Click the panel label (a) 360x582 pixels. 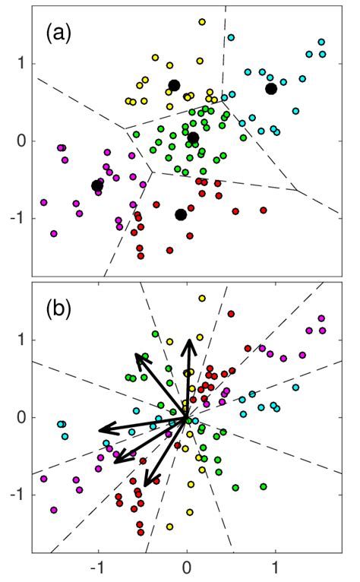(x=59, y=33)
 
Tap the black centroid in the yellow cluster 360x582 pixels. (x=174, y=85)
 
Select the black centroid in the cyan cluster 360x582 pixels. (x=271, y=89)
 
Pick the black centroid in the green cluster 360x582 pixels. (x=193, y=138)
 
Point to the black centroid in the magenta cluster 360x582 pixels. (x=97, y=185)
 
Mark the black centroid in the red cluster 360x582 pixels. (x=181, y=214)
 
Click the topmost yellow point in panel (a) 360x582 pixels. (x=202, y=22)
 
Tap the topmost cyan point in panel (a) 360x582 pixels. (x=231, y=37)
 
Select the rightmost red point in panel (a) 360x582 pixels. (x=264, y=210)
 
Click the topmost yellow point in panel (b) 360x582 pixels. (x=202, y=299)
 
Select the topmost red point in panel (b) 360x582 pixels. (x=231, y=314)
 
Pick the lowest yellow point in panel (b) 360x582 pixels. (x=169, y=527)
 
